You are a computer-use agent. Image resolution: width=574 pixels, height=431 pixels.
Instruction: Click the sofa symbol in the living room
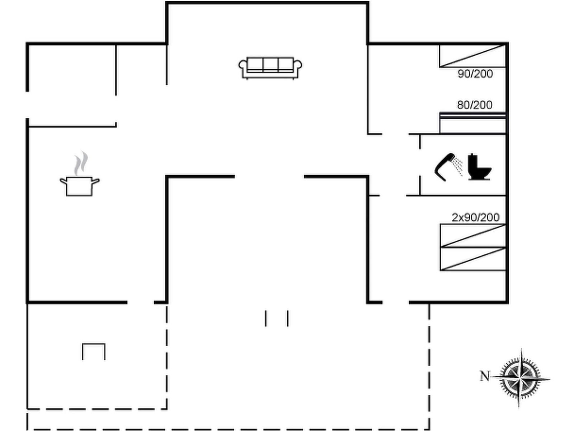(270, 68)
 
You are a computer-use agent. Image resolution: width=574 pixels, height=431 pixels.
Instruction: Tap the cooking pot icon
(80, 186)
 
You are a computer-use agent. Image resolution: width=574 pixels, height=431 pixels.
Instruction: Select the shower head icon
(445, 167)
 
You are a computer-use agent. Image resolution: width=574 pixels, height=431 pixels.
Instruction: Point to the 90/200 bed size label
(475, 74)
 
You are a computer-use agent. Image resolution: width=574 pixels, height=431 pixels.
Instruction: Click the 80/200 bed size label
(475, 105)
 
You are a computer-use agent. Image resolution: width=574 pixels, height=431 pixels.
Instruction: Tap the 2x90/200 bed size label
(475, 217)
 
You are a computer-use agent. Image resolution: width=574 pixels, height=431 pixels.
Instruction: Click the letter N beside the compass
(485, 376)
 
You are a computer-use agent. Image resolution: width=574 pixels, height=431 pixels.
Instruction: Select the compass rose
(521, 378)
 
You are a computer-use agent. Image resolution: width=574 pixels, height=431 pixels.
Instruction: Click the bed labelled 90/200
(473, 56)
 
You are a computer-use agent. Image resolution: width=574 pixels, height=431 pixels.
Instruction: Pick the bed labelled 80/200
(473, 123)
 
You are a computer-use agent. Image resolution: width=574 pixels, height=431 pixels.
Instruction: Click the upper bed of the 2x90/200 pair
(473, 236)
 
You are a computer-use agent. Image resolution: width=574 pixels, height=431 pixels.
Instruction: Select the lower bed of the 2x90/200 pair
(473, 259)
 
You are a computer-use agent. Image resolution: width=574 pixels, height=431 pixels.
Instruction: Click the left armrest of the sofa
(243, 66)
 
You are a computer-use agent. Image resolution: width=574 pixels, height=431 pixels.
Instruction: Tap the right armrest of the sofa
(298, 66)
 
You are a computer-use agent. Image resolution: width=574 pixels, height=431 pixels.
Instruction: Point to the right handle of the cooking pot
(96, 181)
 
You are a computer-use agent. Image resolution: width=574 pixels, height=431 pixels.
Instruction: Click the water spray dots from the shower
(457, 166)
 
